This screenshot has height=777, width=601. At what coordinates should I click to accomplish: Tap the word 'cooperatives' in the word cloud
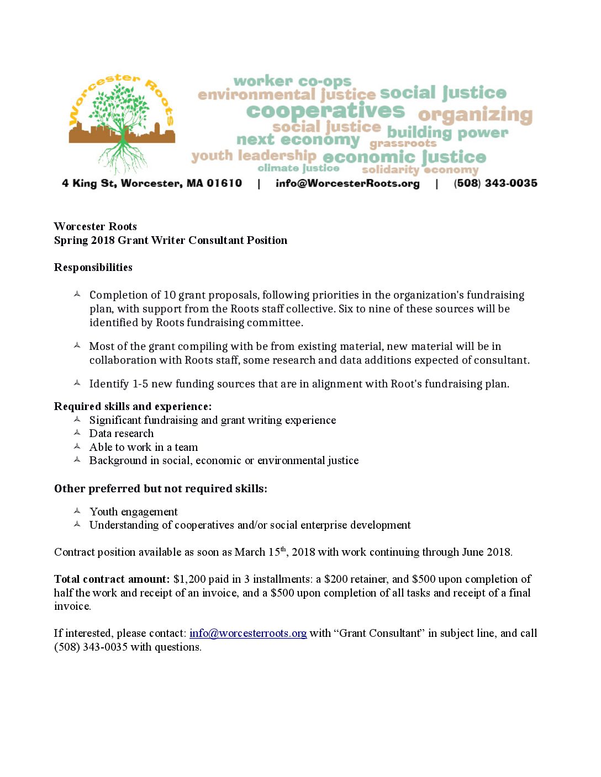point(325,111)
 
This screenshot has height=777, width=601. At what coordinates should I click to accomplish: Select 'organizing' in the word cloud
point(475,115)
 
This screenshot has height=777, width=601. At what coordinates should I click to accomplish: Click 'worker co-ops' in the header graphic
point(292,82)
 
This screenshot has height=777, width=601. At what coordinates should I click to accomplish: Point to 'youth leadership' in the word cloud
point(254,156)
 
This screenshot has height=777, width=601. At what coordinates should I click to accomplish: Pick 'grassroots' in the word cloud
point(403,143)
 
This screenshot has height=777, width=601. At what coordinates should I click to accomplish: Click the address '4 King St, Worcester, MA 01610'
point(152,183)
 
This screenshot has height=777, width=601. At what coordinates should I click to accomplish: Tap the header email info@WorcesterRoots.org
point(347,183)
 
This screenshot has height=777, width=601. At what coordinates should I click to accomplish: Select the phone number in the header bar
point(495,183)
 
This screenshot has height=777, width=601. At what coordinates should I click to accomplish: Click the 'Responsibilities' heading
point(93,268)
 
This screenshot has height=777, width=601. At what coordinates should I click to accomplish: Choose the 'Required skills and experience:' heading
point(133,407)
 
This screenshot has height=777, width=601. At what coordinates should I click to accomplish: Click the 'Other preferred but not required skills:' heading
point(160,489)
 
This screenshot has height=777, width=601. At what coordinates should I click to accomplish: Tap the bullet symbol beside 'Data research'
point(77,433)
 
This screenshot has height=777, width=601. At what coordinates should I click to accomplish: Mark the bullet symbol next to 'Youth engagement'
point(77,512)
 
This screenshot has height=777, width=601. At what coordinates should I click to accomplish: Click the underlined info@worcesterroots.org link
point(248,634)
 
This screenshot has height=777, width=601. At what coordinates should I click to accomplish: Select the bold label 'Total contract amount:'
point(112,579)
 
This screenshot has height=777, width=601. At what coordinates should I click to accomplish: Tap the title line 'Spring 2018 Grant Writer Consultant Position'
point(171,241)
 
